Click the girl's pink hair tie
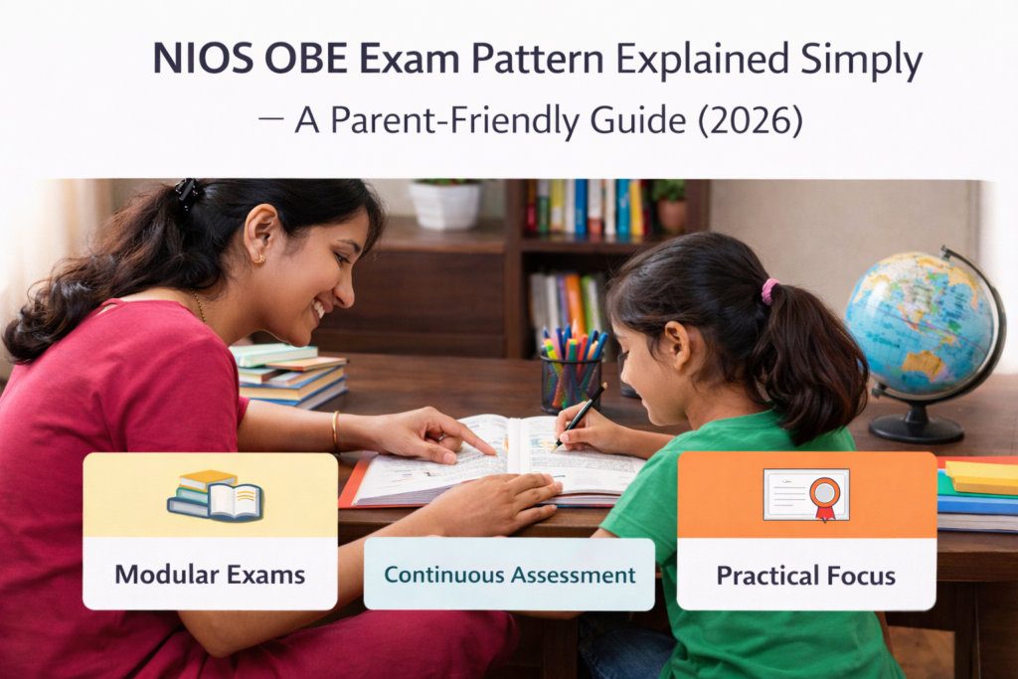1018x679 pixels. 768,290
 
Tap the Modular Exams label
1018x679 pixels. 210,574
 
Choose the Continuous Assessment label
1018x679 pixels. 509,575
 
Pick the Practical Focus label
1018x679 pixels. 805,575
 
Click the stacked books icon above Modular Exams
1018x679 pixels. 213,494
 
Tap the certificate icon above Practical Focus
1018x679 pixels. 806,494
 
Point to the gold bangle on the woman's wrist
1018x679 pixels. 336,429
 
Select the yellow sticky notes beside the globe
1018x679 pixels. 979,475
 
